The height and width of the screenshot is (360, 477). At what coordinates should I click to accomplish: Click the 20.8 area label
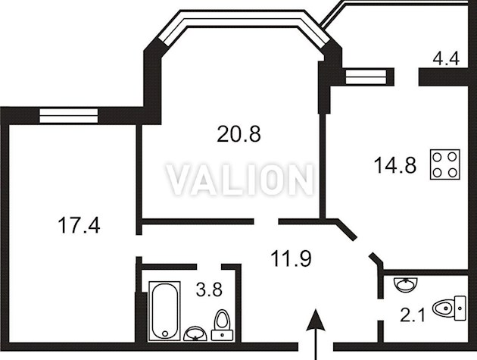tap(238, 134)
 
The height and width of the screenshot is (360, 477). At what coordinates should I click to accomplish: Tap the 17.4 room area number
tap(79, 225)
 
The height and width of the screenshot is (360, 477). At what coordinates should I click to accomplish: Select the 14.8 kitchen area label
tap(395, 165)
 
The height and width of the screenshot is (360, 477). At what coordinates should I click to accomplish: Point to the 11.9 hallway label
tap(291, 258)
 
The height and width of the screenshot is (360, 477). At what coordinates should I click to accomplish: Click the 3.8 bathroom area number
tap(209, 290)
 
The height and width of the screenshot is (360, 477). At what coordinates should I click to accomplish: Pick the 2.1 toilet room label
tap(412, 315)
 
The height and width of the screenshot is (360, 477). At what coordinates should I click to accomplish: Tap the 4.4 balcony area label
tap(446, 58)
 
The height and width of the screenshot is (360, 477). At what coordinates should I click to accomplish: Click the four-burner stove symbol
tap(444, 164)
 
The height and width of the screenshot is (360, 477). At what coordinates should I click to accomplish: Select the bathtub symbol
tap(164, 311)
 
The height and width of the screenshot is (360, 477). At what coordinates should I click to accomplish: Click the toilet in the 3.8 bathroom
tap(222, 325)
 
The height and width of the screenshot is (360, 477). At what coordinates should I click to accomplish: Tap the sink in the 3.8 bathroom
tap(195, 333)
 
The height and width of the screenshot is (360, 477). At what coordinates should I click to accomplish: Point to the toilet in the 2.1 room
tap(450, 308)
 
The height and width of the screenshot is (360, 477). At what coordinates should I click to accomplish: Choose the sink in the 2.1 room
tap(405, 284)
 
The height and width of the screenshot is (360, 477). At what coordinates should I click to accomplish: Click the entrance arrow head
tap(316, 320)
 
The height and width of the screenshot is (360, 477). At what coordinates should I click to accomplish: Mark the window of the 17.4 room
tap(69, 116)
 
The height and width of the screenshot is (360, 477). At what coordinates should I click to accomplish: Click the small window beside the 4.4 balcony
tap(366, 76)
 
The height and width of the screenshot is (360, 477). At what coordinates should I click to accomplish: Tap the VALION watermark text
tap(240, 180)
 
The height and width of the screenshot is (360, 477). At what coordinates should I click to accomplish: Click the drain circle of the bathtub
tap(165, 333)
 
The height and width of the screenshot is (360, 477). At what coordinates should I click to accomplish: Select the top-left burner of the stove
tap(437, 157)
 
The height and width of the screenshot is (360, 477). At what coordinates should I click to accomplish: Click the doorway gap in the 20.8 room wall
tap(267, 221)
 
